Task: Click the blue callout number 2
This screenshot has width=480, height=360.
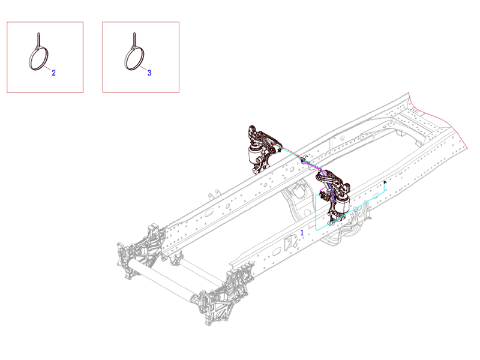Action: pyautogui.click(x=53, y=73)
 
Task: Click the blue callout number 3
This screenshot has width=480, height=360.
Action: pyautogui.click(x=149, y=73)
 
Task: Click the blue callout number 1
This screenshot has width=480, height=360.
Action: pyautogui.click(x=302, y=233)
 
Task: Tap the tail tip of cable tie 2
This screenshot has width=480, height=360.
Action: pyautogui.click(x=38, y=34)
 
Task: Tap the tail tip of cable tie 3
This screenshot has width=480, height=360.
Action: pyautogui.click(x=134, y=34)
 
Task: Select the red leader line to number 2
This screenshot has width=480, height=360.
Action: pyautogui.click(x=47, y=68)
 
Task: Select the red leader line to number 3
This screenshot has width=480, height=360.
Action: pyautogui.click(x=143, y=68)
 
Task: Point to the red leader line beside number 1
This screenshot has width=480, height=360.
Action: pyautogui.click(x=311, y=228)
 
